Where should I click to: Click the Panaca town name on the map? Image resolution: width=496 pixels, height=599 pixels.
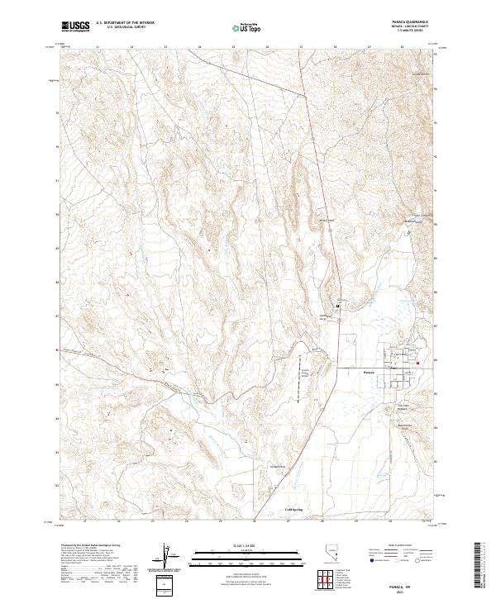[x=370, y=372]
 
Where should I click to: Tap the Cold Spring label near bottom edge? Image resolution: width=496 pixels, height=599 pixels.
[x=293, y=511]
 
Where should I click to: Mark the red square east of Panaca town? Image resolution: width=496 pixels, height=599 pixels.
[x=418, y=362]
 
